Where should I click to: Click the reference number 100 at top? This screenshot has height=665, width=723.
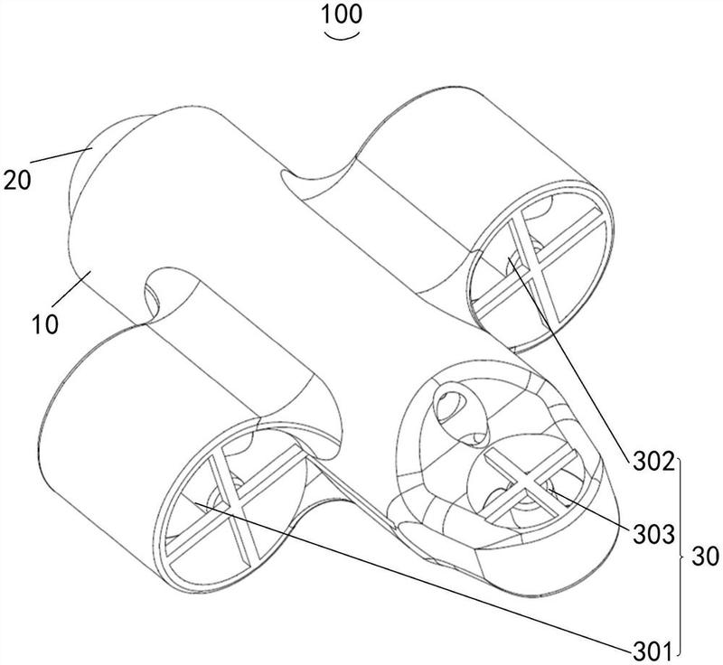(x=342, y=14)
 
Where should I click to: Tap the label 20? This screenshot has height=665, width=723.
(x=17, y=180)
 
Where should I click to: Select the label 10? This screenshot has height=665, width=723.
(x=46, y=324)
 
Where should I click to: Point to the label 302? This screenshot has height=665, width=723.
(x=653, y=463)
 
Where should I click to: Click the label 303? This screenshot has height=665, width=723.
(x=653, y=535)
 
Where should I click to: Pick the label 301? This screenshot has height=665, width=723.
(x=653, y=651)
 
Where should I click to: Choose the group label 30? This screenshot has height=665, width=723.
(x=706, y=557)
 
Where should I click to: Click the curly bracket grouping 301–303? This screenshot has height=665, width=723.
(x=682, y=557)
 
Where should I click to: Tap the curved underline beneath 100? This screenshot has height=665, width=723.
(x=342, y=36)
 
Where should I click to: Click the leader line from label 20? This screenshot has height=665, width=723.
(x=61, y=155)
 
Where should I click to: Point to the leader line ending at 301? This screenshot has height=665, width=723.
(x=413, y=576)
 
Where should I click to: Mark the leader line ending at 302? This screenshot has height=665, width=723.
(x=568, y=359)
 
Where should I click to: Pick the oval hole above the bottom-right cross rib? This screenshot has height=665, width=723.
(x=461, y=415)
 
